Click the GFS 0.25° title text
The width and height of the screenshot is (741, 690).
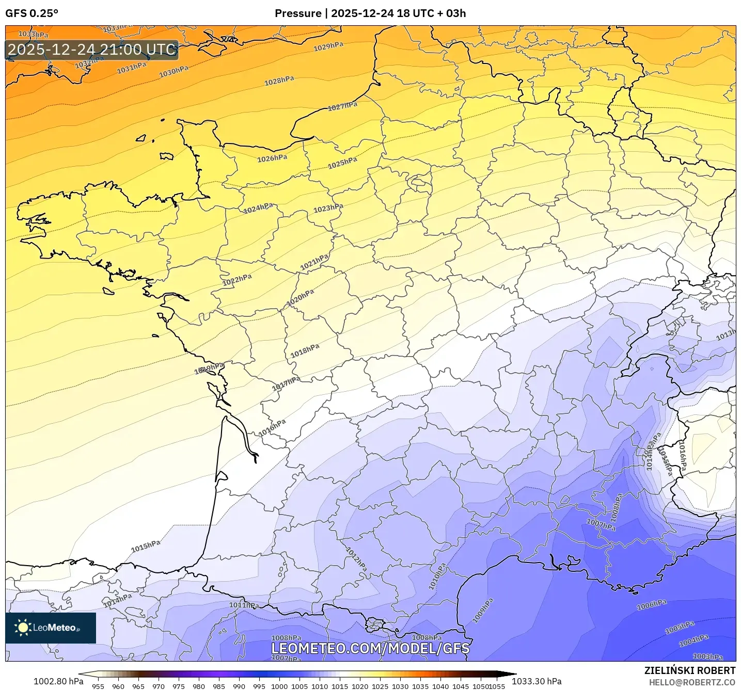click(31, 13)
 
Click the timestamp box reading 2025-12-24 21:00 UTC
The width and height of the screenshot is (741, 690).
click(92, 50)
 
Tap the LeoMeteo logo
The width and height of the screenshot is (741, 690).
click(51, 628)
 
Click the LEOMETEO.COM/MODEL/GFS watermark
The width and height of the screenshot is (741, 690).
click(370, 648)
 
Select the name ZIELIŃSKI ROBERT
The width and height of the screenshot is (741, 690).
click(689, 670)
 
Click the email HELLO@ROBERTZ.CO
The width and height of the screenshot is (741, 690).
click(692, 682)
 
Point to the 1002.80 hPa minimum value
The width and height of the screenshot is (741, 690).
click(58, 681)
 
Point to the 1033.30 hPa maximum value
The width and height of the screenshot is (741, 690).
click(537, 681)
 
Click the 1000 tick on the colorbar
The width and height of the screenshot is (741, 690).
click(279, 686)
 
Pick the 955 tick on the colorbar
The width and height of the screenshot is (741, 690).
click(98, 686)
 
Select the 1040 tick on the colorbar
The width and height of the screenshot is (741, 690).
click(440, 686)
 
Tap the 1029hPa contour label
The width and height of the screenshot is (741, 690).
click(328, 47)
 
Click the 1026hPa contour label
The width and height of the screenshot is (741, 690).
click(272, 158)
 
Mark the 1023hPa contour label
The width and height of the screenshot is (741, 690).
click(328, 208)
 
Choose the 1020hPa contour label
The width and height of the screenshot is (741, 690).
click(300, 297)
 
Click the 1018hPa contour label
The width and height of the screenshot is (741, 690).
click(305, 351)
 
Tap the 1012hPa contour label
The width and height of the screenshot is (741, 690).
click(356, 559)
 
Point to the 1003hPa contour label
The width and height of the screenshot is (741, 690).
click(707, 656)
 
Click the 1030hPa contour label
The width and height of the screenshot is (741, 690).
click(174, 72)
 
